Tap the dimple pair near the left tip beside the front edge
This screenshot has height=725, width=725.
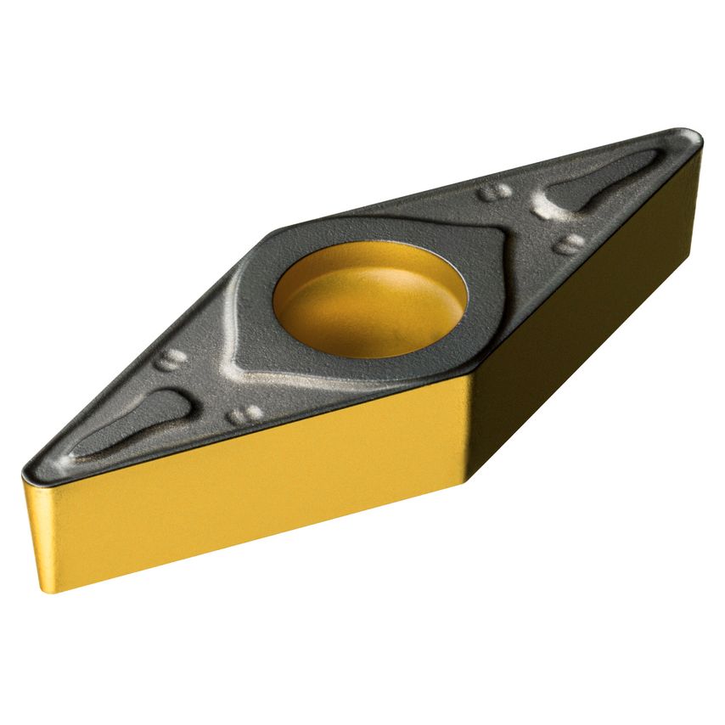(245, 415)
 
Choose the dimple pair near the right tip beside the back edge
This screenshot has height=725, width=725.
(495, 191)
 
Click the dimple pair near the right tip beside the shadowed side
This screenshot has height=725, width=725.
(568, 244)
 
